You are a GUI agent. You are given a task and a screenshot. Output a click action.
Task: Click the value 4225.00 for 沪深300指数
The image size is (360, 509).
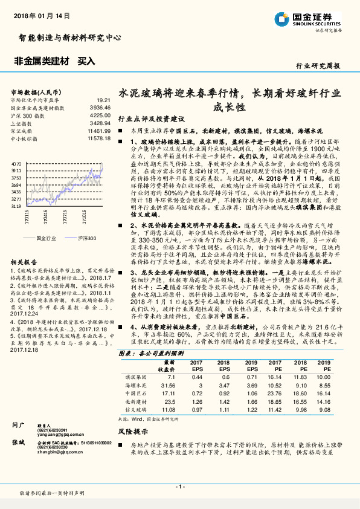(x=99, y=114)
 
